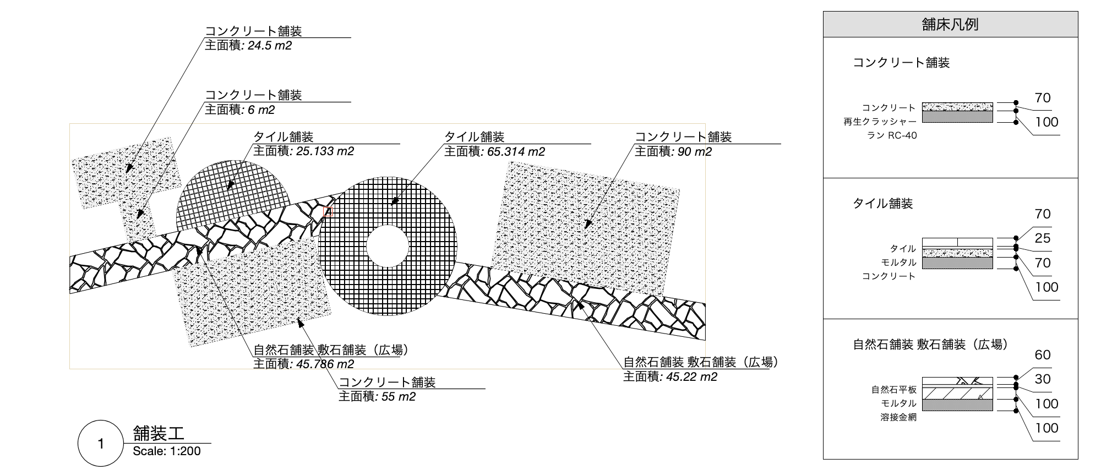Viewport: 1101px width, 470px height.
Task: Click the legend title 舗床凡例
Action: [x=950, y=25]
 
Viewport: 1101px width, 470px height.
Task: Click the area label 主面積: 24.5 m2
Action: [x=248, y=46]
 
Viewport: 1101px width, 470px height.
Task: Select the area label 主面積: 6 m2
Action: [x=240, y=110]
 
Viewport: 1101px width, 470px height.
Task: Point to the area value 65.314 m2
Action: [x=516, y=151]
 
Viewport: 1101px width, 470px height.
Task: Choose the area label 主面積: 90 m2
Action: [x=673, y=151]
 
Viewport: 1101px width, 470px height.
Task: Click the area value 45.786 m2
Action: [x=325, y=364]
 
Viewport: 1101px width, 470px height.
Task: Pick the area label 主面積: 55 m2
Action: [x=377, y=396]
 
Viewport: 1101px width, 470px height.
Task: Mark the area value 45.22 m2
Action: [x=691, y=377]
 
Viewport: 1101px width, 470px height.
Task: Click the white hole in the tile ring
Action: [x=388, y=246]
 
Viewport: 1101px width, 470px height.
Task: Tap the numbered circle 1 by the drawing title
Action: [x=100, y=444]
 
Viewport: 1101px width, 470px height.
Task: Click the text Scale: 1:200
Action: [x=167, y=451]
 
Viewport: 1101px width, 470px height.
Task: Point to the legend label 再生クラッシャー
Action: [x=880, y=122]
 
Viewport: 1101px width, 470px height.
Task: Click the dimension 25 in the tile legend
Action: [x=1043, y=238]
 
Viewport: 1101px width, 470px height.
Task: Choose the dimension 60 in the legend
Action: [x=1043, y=355]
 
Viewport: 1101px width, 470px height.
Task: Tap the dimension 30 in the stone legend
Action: [x=1043, y=379]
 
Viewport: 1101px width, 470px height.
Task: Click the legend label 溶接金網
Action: [x=898, y=417]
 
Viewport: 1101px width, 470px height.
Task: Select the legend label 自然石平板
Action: [x=894, y=390]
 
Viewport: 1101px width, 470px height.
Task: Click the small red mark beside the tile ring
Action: [x=329, y=211]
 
